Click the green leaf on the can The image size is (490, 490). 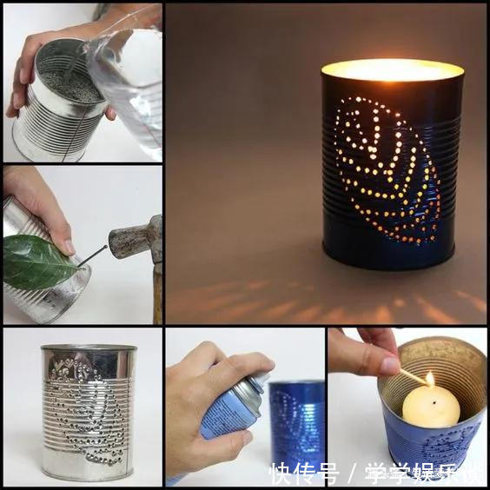37,262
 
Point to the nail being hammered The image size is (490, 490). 92,256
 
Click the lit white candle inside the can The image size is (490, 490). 431,407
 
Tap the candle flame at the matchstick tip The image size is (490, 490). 430,379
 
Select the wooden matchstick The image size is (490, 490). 414,376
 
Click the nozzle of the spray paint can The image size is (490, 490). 262,379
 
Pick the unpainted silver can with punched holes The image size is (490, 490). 89,412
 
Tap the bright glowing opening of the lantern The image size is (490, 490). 393,70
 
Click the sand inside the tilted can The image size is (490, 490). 71,85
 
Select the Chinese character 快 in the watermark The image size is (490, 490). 281,473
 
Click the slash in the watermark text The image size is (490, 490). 352,473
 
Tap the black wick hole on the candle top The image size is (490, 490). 434,403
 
